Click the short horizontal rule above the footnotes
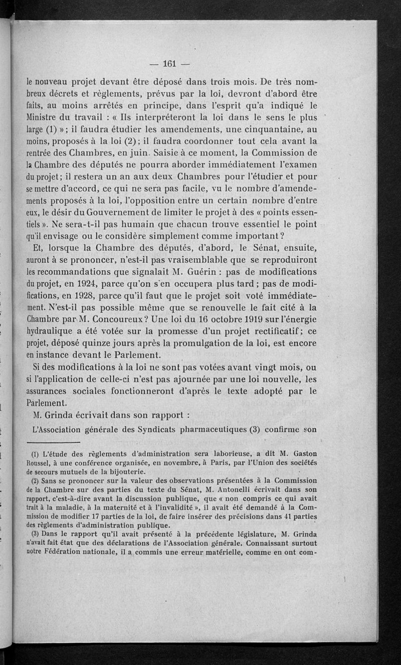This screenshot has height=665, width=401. [54, 442]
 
